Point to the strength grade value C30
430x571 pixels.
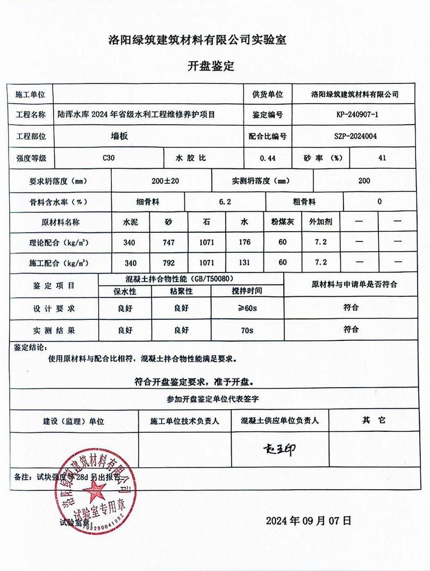click(x=109, y=158)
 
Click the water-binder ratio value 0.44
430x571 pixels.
click(x=267, y=158)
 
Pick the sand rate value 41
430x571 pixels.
click(x=382, y=158)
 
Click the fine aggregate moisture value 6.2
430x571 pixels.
click(x=225, y=202)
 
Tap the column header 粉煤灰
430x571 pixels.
click(x=283, y=222)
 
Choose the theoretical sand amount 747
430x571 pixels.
click(x=169, y=242)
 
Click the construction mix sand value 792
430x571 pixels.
click(x=169, y=262)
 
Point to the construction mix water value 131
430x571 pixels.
click(x=245, y=262)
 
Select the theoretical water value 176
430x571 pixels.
click(x=245, y=242)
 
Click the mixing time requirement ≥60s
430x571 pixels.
click(x=247, y=308)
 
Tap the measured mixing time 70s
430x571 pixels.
click(x=247, y=330)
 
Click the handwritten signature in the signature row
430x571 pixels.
click(x=279, y=449)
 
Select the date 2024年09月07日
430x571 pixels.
click(x=309, y=520)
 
